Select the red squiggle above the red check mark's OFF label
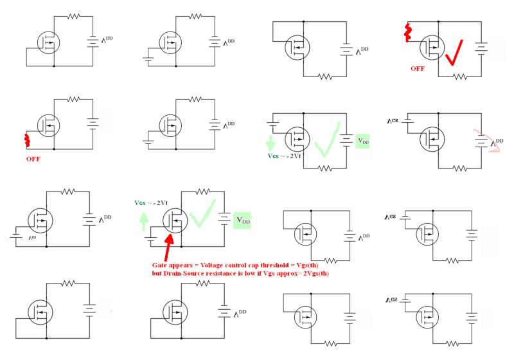point(407,32)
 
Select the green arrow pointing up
point(142,222)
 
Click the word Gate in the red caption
point(161,265)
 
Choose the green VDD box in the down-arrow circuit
point(363,141)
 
